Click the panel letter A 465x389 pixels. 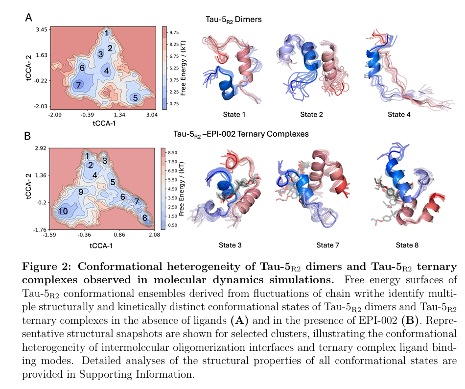pyautogui.click(x=29, y=18)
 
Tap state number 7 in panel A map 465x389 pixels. pyautogui.click(x=77, y=85)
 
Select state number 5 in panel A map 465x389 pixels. pyautogui.click(x=135, y=98)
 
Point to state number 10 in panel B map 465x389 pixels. pyautogui.click(x=63, y=211)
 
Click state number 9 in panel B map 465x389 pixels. pyautogui.click(x=81, y=191)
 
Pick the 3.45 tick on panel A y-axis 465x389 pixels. pyautogui.click(x=41, y=30)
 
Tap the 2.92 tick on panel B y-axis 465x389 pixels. pyautogui.click(x=40, y=147)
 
